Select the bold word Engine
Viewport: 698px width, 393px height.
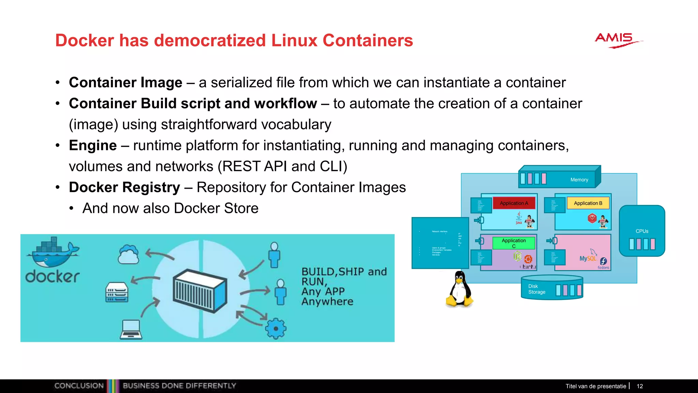(x=93, y=145)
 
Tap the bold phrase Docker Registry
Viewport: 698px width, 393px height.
(x=124, y=187)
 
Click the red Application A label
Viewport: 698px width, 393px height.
(x=514, y=203)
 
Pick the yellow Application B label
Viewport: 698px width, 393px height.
(x=588, y=203)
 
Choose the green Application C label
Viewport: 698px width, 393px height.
(x=514, y=243)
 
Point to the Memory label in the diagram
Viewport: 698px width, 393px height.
(x=579, y=180)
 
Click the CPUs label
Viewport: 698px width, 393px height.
(x=642, y=231)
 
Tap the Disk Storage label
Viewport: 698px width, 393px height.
(x=536, y=289)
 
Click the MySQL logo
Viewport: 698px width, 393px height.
(x=588, y=258)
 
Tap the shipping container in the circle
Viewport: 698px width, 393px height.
(x=200, y=290)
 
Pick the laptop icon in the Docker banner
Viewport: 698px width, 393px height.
(x=131, y=329)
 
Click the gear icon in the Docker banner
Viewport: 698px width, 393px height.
(x=276, y=328)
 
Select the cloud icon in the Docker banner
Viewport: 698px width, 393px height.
(x=128, y=255)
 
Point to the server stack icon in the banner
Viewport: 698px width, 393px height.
(x=117, y=292)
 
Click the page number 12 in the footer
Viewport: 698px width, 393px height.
(x=640, y=386)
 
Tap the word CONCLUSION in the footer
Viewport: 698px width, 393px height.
(x=79, y=386)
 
